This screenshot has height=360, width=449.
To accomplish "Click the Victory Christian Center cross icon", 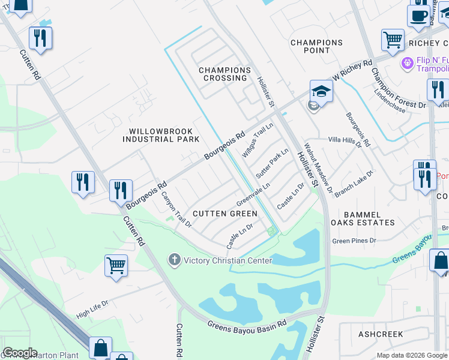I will pos(174,260).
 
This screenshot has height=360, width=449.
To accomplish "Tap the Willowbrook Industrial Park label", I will pos(161,135).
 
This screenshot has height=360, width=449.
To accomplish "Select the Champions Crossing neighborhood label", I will pos(224,74).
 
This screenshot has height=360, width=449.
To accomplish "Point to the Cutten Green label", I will pos(225,214).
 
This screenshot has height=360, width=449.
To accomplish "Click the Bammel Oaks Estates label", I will pos(369,218).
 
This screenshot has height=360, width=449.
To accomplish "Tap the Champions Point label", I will pos(316,46).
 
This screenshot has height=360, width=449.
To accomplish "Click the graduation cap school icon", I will pos(321,92).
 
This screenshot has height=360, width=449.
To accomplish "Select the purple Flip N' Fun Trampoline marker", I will pos(407,62).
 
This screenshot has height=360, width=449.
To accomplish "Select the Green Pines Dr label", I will pos(354,241).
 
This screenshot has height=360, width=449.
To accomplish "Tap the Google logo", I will pos(20,353).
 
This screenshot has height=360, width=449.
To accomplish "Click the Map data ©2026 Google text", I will pos(412,355).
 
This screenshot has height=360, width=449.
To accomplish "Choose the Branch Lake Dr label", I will pos(354,180).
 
